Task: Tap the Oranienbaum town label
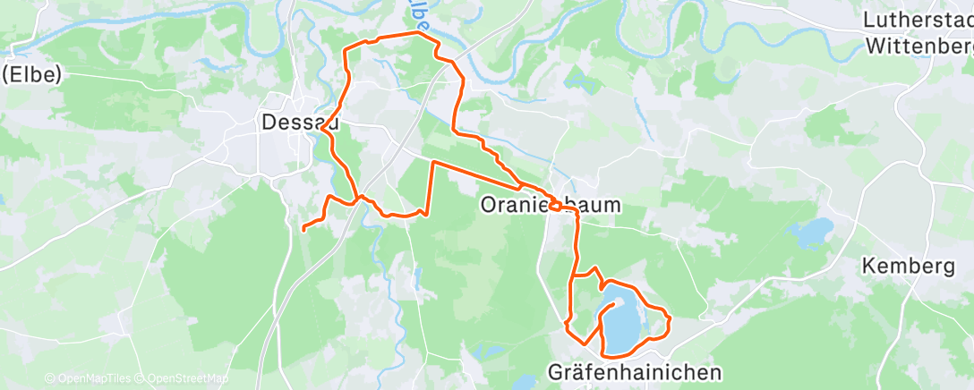[x=551, y=205]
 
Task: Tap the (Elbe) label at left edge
[x=30, y=75]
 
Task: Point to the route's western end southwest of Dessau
[x=303, y=229]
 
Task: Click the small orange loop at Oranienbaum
[x=557, y=206]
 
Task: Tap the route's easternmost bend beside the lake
[x=670, y=319]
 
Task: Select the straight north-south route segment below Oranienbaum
[x=575, y=246]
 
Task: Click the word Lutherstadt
[x=918, y=19]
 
